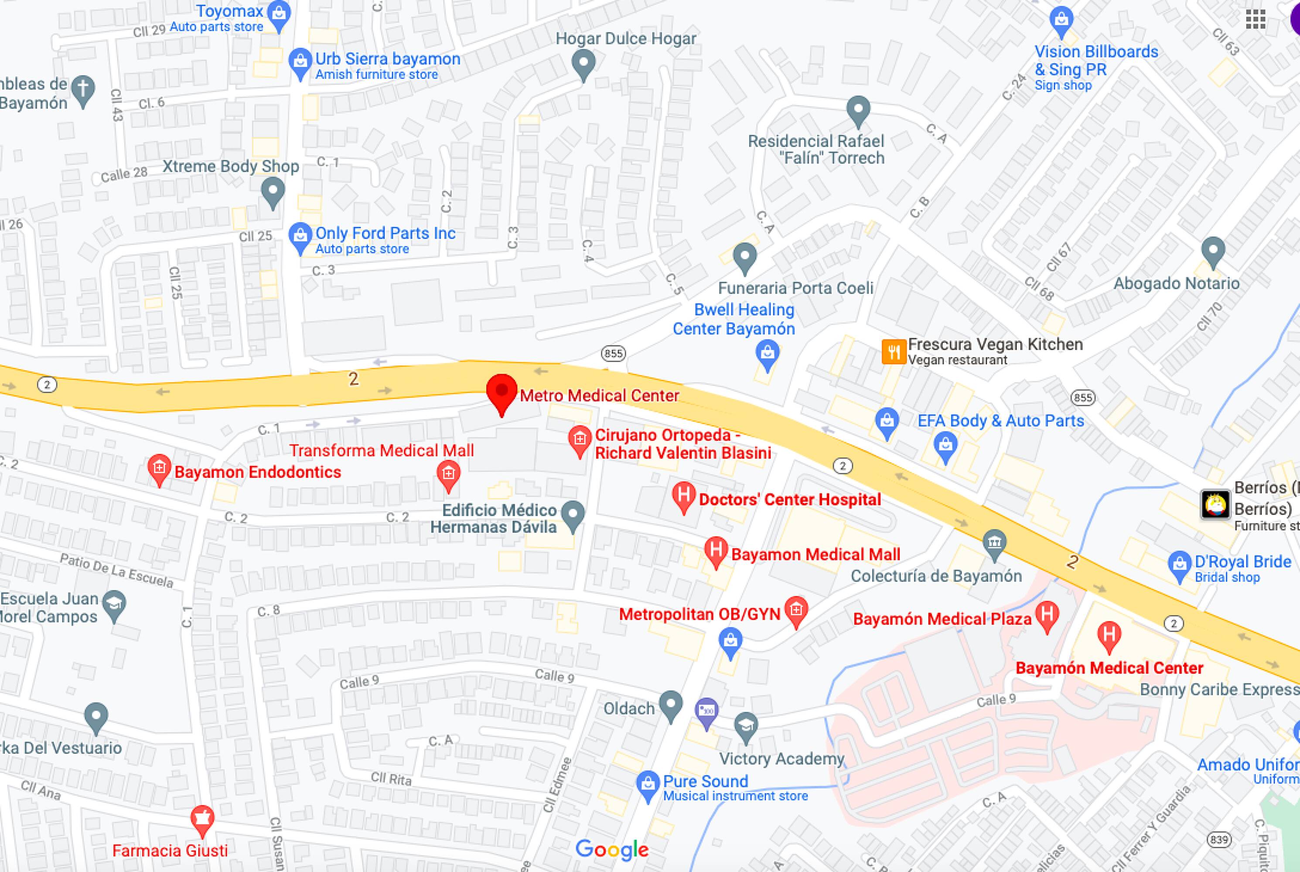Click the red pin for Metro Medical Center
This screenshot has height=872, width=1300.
501,392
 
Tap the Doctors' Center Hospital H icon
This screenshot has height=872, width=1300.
683,494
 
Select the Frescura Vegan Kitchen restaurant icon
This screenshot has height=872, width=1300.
894,351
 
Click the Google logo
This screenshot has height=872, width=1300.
612,850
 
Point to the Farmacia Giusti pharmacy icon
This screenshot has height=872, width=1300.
202,818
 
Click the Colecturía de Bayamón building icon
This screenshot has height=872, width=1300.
994,541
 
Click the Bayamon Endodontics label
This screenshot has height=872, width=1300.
258,472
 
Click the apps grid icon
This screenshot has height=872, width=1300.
1256,20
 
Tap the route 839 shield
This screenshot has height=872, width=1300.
1219,840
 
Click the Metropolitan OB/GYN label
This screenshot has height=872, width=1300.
699,614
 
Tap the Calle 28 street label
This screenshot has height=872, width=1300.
123,175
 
